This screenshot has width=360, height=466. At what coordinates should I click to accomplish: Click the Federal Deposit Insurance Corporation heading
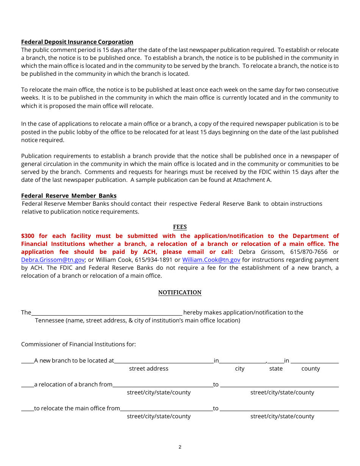tap(77, 42)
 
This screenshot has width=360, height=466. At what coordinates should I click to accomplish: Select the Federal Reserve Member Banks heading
tap(69, 196)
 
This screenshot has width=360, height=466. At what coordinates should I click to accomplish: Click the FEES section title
tap(180, 227)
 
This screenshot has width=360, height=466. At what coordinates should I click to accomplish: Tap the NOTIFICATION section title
tap(180, 292)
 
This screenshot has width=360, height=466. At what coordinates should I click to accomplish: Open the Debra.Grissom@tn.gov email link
tap(53, 260)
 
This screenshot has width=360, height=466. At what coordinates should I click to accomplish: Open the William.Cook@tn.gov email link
tap(211, 260)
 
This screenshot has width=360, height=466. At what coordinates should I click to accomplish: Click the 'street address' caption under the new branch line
tap(149, 369)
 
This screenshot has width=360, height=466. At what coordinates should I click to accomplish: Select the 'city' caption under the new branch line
tap(239, 369)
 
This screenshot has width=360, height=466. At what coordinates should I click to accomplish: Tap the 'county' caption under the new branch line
tap(310, 369)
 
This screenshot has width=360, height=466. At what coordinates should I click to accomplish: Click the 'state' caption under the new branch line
tap(276, 369)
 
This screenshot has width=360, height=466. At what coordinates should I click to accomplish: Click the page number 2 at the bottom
tap(180, 447)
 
